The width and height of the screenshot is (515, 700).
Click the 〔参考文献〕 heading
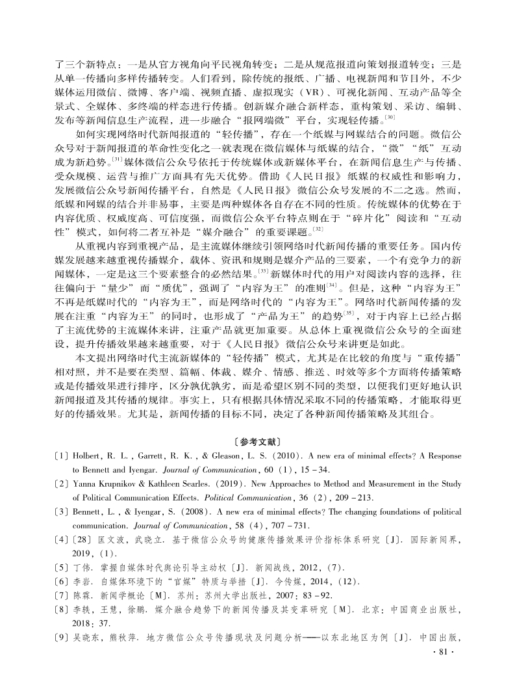257,441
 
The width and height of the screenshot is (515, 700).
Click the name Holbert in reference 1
86,457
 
